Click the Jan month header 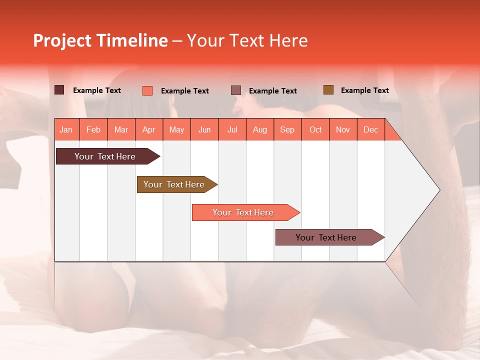pos(66,129)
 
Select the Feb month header pos(93,129)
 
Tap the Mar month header pos(121,129)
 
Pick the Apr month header pos(149,129)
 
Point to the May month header pos(176,129)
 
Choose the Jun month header pos(204,129)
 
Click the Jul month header pos(232,129)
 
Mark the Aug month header pos(260,129)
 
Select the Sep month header pos(287,129)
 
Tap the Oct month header pos(315,129)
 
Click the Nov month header pos(343,129)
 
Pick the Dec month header pos(371,129)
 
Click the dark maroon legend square pos(59,90)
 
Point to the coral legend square pos(147,90)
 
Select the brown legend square pos(328,90)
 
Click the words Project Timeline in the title pos(100,40)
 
